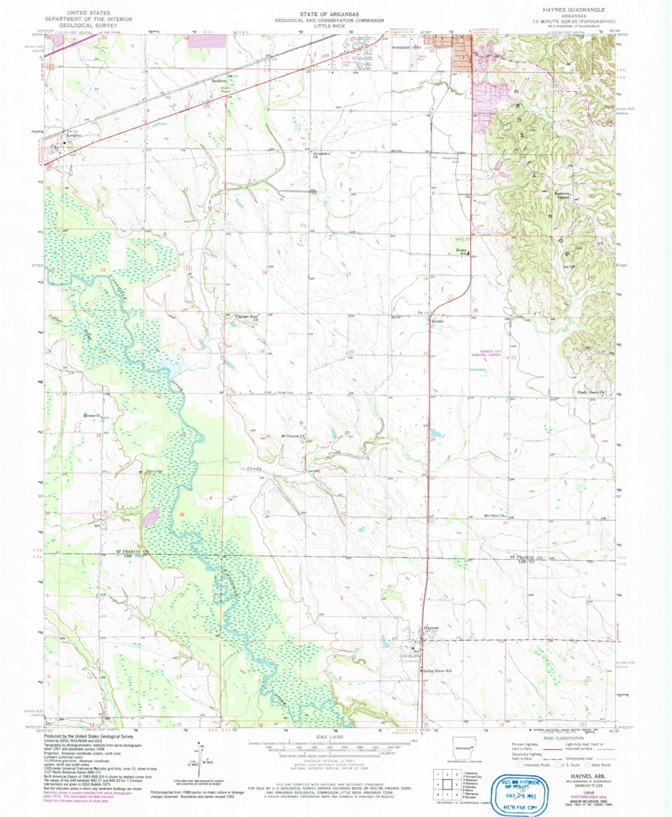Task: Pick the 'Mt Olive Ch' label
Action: (x=496, y=516)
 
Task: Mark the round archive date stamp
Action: (x=521, y=786)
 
